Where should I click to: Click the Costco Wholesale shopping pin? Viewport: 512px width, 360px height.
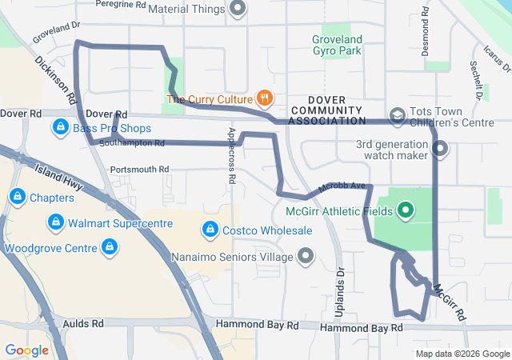(x=210, y=230)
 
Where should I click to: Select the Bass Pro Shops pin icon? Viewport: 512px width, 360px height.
(x=60, y=127)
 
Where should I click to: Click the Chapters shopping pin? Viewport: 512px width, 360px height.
(x=17, y=197)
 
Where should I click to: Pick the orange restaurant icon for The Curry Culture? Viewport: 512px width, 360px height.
(x=265, y=99)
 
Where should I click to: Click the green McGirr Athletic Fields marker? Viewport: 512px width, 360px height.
(x=406, y=211)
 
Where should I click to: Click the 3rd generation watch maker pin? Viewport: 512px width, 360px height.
(x=440, y=148)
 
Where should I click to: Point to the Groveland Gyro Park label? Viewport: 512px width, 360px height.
(x=337, y=45)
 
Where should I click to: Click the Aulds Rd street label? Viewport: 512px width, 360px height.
(x=86, y=324)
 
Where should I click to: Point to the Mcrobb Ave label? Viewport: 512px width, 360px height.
(x=341, y=187)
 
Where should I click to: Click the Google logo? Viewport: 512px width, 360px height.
(x=26, y=350)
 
